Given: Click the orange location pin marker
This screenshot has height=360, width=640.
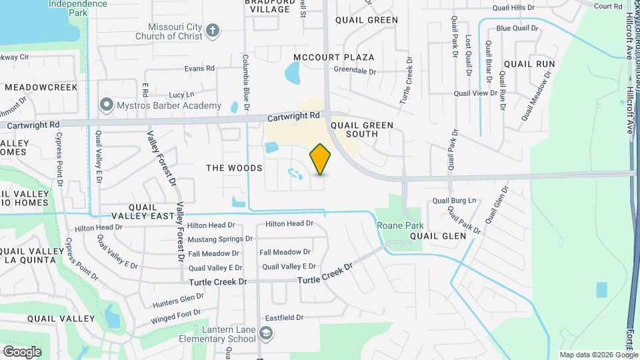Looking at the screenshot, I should point(321,159).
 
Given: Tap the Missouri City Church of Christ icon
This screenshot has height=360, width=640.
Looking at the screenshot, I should point(213,30).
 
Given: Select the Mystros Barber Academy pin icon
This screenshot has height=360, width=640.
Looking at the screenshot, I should point(105,105).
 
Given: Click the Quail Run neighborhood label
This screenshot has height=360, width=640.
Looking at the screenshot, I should point(529,64).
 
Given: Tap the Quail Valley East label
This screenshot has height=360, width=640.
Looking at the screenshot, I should point(142,211).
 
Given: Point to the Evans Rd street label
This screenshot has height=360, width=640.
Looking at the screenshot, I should point(199,68).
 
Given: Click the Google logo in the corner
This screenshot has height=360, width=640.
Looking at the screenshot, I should point(22,351).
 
